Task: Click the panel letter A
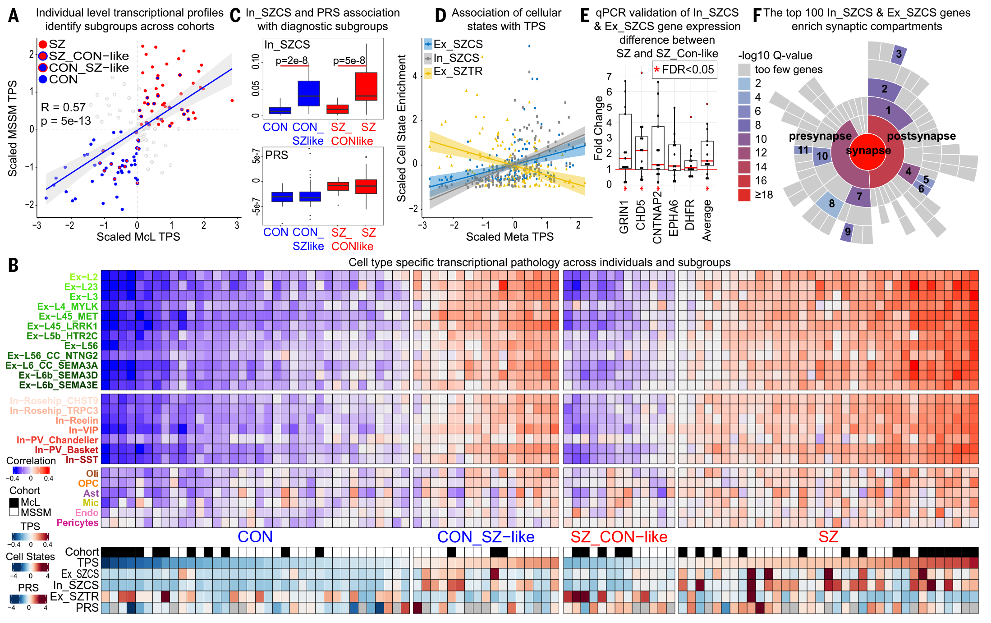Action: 14,16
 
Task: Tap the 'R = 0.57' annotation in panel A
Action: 63,107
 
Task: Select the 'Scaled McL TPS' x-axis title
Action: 138,237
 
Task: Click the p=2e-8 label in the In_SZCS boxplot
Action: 292,61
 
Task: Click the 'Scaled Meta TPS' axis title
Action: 509,237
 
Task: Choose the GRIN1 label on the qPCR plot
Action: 624,217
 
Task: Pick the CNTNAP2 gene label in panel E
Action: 657,217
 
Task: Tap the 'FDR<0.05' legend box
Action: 684,70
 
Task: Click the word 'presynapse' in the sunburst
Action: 820,136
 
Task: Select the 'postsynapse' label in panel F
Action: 921,136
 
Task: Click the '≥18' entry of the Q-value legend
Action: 764,195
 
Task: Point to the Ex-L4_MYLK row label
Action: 68,307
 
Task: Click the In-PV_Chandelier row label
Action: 57,440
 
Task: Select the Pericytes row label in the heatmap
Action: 78,523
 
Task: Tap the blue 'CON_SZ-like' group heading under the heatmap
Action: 486,537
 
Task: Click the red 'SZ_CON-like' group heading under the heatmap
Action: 619,537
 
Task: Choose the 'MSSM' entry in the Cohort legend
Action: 36,513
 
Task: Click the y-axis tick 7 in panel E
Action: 609,77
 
